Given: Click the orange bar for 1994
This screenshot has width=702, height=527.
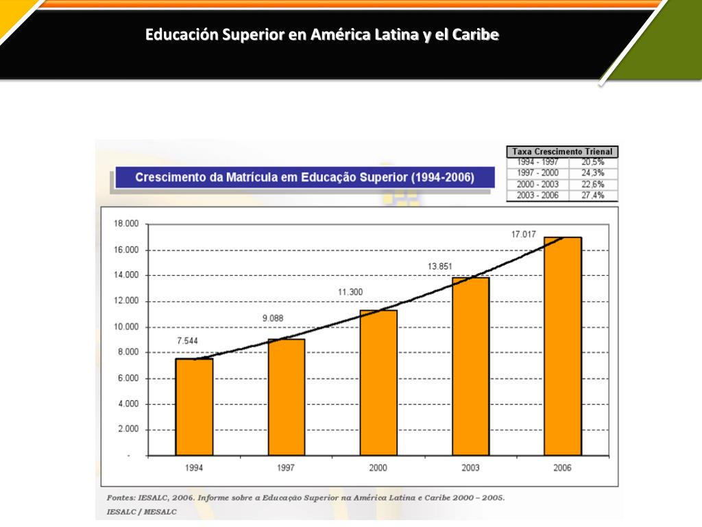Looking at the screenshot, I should click(194, 407).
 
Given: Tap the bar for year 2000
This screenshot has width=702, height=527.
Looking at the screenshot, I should click(378, 382).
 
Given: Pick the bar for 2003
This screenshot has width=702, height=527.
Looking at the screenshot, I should click(470, 366).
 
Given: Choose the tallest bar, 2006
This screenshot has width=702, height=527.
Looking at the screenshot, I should click(563, 346).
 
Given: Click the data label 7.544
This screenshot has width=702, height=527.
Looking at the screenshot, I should click(189, 341).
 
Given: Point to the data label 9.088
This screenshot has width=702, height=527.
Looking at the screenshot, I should click(272, 318).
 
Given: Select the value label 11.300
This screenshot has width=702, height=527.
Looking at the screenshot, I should click(350, 292).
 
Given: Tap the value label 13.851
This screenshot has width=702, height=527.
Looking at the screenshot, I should click(440, 266).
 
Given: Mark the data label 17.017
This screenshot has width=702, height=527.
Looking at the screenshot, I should click(523, 235).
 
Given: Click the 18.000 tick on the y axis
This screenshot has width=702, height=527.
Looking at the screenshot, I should click(125, 224).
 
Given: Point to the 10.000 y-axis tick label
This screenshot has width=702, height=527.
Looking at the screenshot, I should click(125, 327).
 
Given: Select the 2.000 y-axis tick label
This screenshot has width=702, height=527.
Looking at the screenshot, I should click(128, 430).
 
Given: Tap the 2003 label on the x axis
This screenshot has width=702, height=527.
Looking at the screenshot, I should click(470, 468).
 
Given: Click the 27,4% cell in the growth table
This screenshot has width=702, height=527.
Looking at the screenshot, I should click(592, 196).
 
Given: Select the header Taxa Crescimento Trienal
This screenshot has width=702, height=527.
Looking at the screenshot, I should click(563, 152).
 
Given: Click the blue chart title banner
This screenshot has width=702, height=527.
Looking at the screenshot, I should click(304, 177).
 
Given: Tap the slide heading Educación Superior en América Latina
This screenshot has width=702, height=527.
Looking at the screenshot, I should click(322, 34).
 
